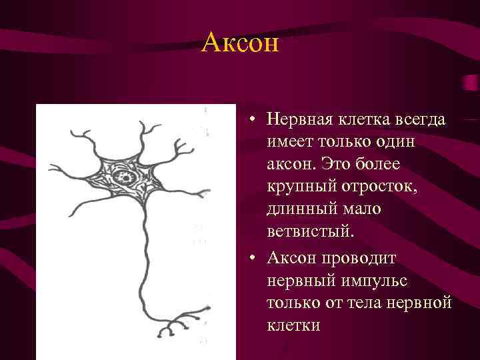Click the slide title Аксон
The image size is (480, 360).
pos(240,44)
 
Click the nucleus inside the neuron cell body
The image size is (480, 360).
pos(123,177)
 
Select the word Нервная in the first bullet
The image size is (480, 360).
pos(297,120)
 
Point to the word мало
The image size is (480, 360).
pos(362,211)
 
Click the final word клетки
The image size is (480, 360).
pos(293,325)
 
